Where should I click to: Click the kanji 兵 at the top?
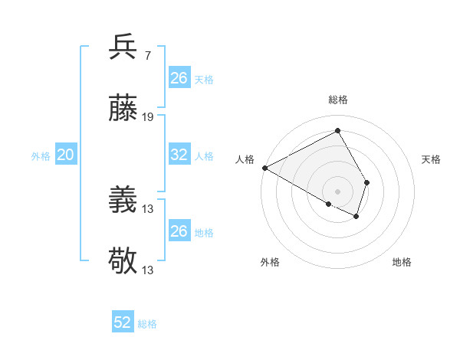[x=123, y=47]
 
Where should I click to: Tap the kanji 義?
[x=123, y=201]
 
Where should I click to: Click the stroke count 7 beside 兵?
[x=147, y=55]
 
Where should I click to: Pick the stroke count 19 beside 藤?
[x=148, y=116]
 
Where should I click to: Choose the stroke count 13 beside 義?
[x=148, y=208]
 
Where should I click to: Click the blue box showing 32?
[x=179, y=155]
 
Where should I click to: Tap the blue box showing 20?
[x=65, y=155]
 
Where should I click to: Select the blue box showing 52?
[x=123, y=322]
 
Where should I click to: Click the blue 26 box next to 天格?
[x=179, y=77]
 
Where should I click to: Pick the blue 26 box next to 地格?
[x=179, y=231]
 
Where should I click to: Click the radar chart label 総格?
[x=338, y=100]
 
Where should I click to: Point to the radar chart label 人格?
[x=245, y=159]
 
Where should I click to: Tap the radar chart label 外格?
[x=270, y=263]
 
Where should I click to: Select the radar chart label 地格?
[x=402, y=263]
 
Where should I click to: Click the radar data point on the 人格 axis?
[x=264, y=168]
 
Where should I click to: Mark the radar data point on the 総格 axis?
[x=338, y=130]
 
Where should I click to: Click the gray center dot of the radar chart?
[x=338, y=191]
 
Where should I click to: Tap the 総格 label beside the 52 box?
[x=148, y=324]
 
